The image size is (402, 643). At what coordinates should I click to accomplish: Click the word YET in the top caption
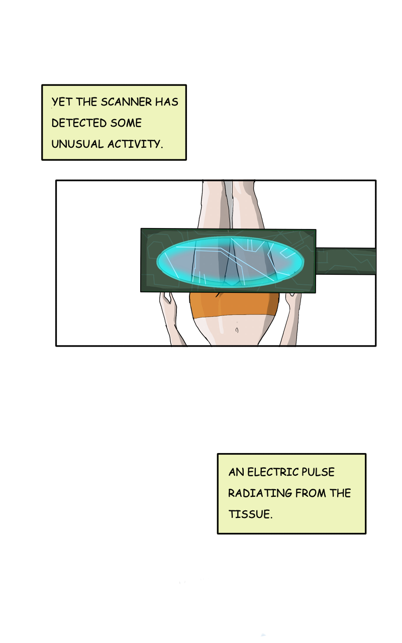pos(62,102)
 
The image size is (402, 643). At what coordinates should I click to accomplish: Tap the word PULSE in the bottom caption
pos(318,472)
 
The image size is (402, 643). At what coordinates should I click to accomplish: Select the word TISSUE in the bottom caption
pos(250,514)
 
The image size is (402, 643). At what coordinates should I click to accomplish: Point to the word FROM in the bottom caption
pos(311,493)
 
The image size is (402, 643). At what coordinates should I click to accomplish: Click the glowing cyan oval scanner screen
pos(230,262)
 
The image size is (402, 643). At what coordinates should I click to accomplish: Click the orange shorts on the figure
pos(234,304)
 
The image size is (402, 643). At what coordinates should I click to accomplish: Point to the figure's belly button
pos(236,331)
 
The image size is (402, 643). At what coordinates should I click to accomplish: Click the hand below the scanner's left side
pos(167,303)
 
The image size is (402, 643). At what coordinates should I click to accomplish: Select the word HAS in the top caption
pos(166,102)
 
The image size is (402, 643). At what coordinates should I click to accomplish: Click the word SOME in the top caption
pos(126,123)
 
